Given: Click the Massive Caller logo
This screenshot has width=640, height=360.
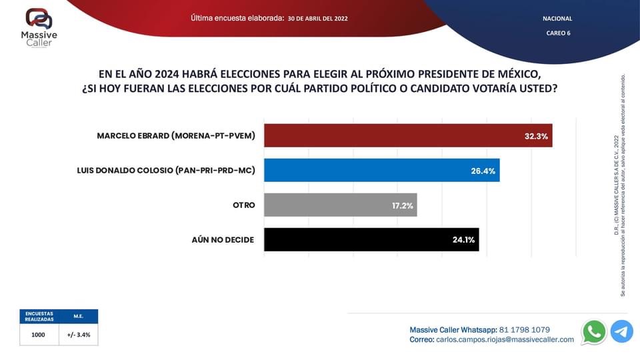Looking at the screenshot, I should tap(39, 27).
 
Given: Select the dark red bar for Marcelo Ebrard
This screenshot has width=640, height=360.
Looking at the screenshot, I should tap(408, 135).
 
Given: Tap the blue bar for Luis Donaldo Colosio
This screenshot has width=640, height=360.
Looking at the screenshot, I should tap(381, 170).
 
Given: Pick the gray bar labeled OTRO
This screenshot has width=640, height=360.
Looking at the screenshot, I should tap(340, 205).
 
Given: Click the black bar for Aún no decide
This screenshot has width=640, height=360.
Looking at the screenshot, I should tap(371, 239).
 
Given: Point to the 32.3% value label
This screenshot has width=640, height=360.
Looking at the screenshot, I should tap(536, 136).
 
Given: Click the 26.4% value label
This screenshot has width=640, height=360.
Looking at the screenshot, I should tap(483, 171).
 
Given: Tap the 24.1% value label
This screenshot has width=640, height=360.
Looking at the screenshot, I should tap(463, 240).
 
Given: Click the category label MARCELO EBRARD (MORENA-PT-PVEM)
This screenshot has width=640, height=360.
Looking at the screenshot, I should tap(176, 135).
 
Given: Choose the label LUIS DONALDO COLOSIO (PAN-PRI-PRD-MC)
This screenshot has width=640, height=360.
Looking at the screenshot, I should tap(166, 170).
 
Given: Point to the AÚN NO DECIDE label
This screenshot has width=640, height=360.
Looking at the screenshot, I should tap(223, 239).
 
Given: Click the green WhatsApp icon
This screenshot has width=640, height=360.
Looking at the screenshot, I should tap(593, 331).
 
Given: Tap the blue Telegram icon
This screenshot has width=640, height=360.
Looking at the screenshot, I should tap(621, 331).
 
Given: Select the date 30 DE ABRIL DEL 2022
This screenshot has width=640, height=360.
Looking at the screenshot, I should tap(317, 19).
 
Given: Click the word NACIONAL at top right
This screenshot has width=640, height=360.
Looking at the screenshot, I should tap(557, 19).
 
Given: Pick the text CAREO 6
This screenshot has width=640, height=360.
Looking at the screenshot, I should tap(557, 33).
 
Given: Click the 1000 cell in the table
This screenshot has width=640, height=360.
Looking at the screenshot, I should tap(38, 335).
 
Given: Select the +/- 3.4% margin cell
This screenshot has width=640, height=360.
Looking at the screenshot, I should tap(79, 335).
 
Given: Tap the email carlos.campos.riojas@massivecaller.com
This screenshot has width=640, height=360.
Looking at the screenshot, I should tap(505, 339).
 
